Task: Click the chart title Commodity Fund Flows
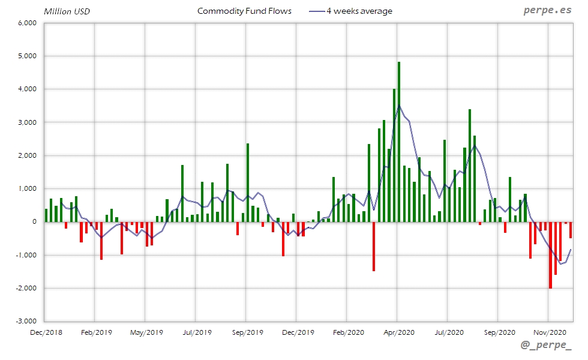(x=244, y=11)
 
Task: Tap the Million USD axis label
(x=67, y=11)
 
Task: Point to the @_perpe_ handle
(x=546, y=346)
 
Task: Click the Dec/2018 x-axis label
(x=46, y=332)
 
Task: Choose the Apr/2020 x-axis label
(x=397, y=332)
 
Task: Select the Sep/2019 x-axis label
(x=247, y=332)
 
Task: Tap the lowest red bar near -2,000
(x=550, y=255)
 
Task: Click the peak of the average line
(x=400, y=106)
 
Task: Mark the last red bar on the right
(x=571, y=230)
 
